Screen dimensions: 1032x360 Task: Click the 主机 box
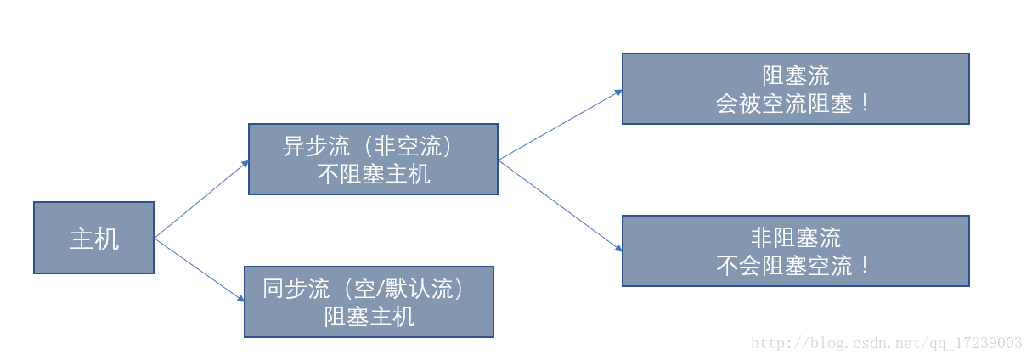click(x=94, y=238)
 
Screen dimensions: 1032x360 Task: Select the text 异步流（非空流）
click(x=367, y=146)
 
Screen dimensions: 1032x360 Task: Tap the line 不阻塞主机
click(x=374, y=174)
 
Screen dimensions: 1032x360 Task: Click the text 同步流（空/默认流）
click(x=363, y=290)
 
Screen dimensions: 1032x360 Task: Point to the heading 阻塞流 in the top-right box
click(x=796, y=76)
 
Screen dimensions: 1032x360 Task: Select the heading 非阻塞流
click(x=796, y=238)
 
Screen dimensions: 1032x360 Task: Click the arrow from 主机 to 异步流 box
click(x=202, y=200)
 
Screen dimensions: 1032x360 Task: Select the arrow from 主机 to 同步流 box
click(x=200, y=270)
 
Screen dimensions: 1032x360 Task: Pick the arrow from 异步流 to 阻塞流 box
click(x=561, y=125)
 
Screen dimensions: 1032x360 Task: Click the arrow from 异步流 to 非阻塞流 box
click(x=561, y=205)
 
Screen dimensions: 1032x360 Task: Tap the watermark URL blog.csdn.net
click(x=887, y=343)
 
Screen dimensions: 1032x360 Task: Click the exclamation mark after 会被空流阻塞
click(x=865, y=103)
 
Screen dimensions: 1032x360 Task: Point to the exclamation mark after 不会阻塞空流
click(x=865, y=266)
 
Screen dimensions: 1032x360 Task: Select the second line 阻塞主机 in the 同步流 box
click(x=369, y=318)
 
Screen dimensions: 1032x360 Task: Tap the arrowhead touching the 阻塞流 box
click(x=618, y=93)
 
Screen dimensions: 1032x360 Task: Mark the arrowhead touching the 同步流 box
click(x=240, y=299)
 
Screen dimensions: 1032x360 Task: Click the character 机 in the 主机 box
click(x=107, y=239)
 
